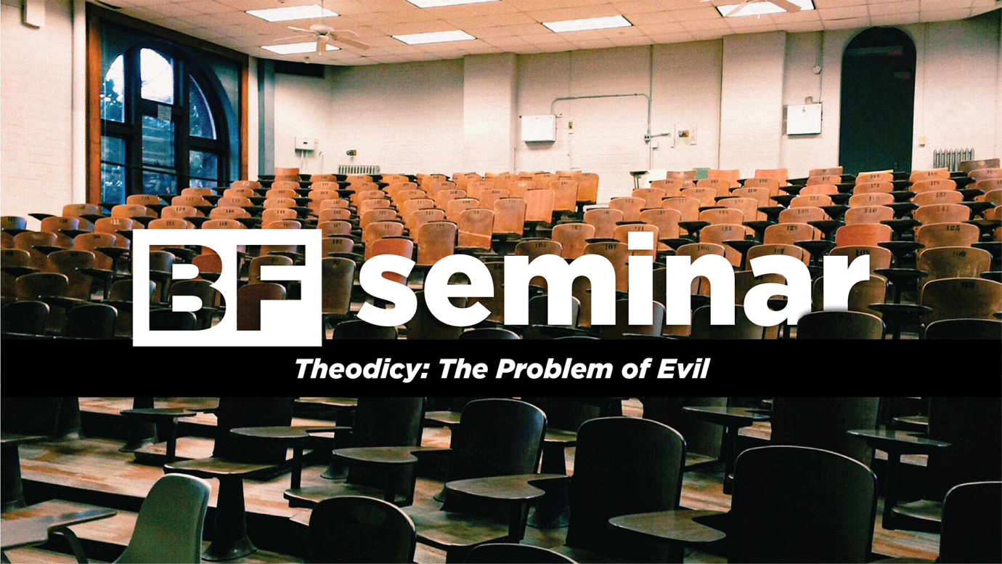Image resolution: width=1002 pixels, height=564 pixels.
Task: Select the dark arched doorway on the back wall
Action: pos(876,102)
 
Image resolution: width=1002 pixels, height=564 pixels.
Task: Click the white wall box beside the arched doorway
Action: pos(803,118)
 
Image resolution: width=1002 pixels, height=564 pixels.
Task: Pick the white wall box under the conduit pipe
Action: pos(537,129)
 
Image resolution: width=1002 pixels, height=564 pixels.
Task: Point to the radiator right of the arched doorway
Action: pos(953,158)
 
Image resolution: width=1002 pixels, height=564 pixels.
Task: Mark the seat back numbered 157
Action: pos(938,197)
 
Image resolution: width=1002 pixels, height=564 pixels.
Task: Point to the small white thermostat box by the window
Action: pos(304,143)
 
